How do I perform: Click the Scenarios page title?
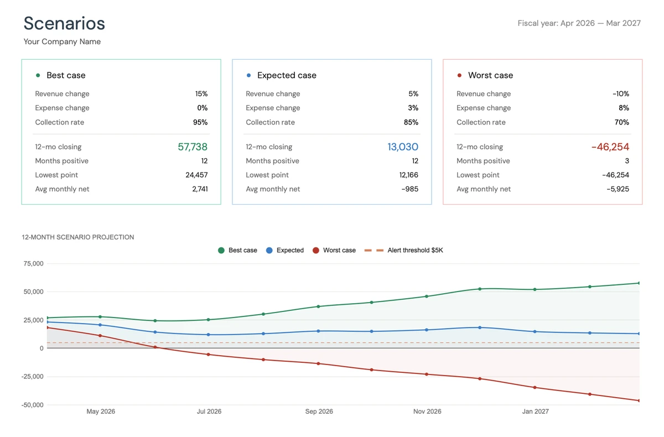click(64, 23)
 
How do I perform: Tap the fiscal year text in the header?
click(579, 23)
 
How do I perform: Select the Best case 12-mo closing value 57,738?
click(193, 147)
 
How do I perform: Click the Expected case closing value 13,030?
click(403, 147)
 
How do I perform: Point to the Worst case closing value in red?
click(610, 147)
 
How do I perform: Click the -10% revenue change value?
click(621, 94)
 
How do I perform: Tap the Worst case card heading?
click(490, 75)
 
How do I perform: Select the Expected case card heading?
click(287, 75)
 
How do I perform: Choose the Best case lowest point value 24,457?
click(196, 175)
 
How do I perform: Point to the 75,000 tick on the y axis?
click(33, 264)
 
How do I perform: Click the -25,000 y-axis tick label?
click(32, 377)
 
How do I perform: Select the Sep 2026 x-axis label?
click(319, 412)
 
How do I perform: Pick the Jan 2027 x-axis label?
click(535, 412)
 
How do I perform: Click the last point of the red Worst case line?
click(639, 400)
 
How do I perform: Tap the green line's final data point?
click(639, 283)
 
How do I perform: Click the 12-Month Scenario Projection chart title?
click(78, 237)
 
